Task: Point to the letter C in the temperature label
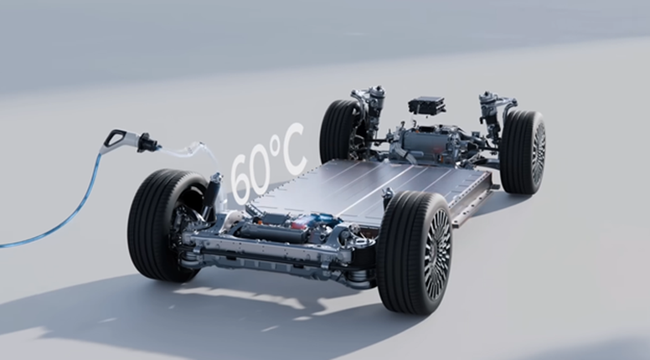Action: pos(292,149)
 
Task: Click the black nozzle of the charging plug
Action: pos(148,143)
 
